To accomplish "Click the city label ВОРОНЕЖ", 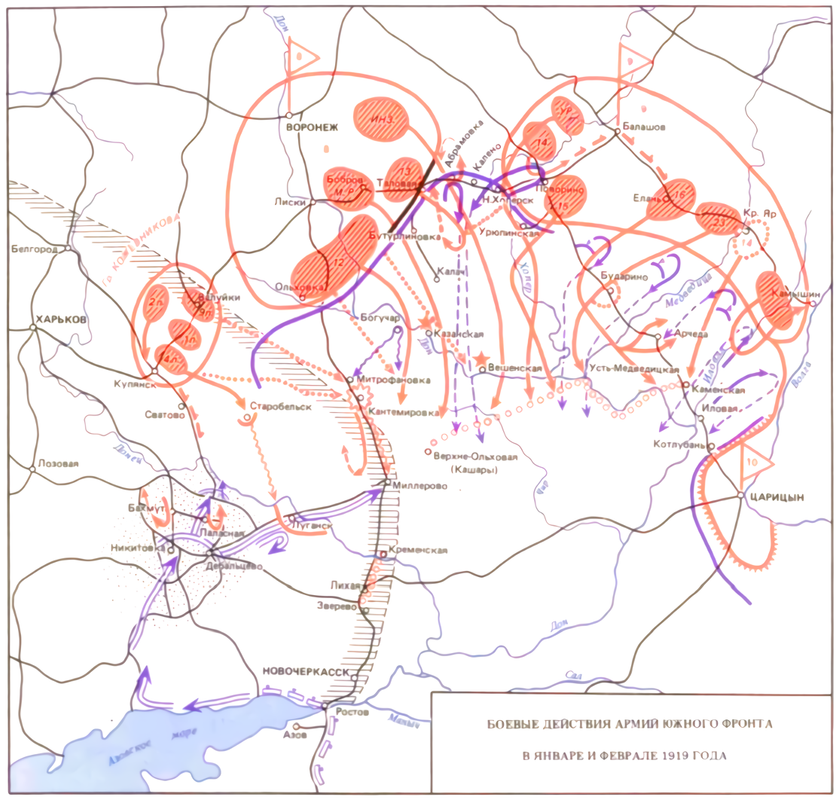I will [313, 128].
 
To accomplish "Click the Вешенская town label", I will [517, 368].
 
